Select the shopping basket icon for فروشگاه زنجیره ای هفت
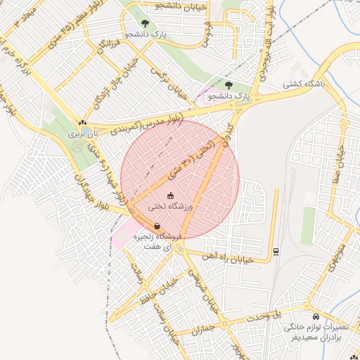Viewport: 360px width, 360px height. [157, 225]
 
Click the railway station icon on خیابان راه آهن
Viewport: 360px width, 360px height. [275, 252]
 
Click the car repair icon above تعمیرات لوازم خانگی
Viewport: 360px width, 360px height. [316, 317]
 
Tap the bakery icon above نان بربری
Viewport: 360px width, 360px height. [83, 122]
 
